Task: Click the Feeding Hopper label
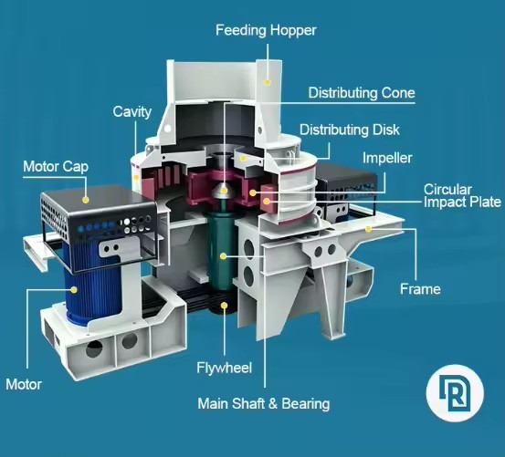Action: coord(266,30)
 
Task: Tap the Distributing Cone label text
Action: coord(362,93)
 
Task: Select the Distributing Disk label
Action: coord(350,130)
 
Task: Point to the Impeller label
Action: coord(387,158)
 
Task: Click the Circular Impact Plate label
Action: coord(462,195)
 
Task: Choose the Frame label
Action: coord(420,289)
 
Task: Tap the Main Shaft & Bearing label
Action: coord(264,403)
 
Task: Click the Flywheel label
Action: coord(224,368)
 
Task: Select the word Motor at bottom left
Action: coord(24,384)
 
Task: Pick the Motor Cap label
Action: coord(56,167)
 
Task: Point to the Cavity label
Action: coord(132,112)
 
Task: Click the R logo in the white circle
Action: coord(455,393)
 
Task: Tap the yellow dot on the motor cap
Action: coord(85,200)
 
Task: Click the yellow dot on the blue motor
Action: coord(74,290)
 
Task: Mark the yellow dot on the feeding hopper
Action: coord(268,82)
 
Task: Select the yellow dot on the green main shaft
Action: coord(223,256)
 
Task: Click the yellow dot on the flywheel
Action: coord(224,306)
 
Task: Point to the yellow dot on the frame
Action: coord(368,229)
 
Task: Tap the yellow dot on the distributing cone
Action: coord(224,191)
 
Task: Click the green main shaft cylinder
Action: coord(222,251)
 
